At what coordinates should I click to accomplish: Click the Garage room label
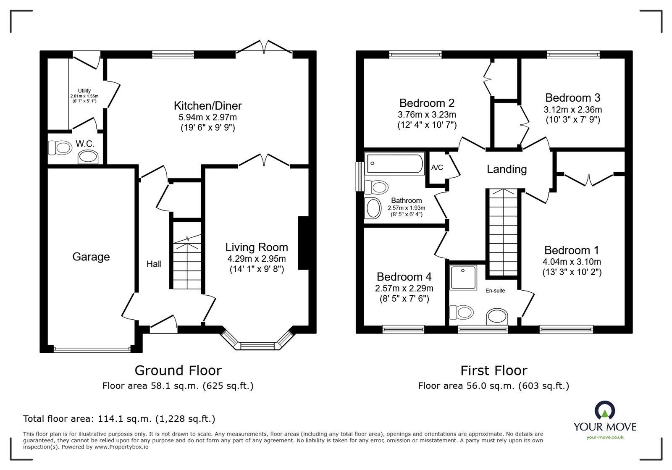[91, 257]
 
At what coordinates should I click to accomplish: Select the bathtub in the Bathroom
[394, 164]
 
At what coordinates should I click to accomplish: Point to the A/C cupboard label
[437, 168]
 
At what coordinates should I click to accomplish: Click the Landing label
[507, 169]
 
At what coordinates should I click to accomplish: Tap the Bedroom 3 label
[572, 98]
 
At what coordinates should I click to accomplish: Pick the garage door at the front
[92, 349]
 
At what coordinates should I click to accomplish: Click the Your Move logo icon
[605, 411]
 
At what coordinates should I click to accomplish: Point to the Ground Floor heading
[178, 370]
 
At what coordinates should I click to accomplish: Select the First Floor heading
[493, 370]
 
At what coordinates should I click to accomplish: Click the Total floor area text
[119, 419]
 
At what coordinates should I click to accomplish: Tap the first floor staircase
[503, 233]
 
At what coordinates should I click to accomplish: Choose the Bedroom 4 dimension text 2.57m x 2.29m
[404, 289]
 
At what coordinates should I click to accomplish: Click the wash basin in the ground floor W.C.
[88, 158]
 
